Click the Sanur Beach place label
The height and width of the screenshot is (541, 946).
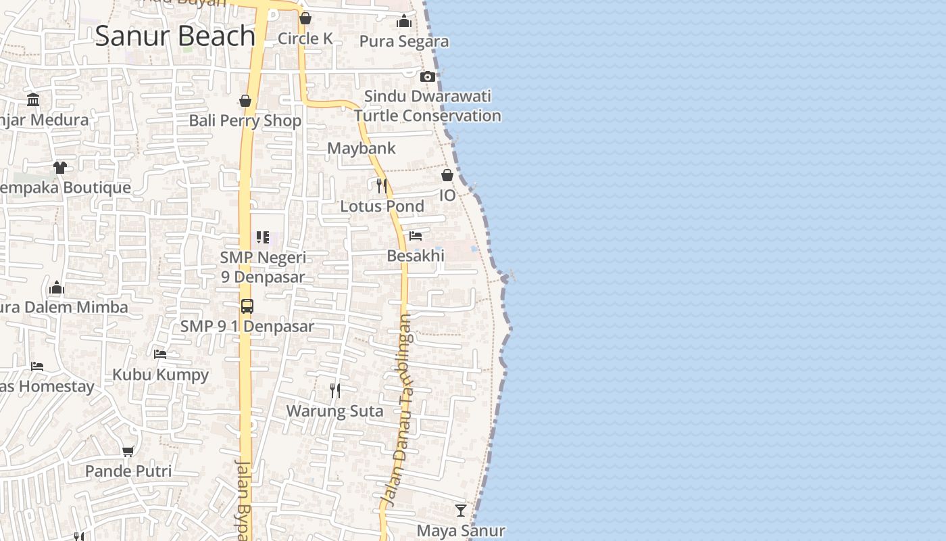(175, 36)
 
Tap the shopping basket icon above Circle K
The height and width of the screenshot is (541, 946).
(305, 18)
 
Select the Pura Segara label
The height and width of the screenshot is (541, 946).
(404, 41)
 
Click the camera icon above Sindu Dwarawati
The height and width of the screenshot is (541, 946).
(428, 76)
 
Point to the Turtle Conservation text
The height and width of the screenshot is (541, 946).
(428, 116)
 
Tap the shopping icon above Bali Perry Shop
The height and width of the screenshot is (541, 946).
(245, 101)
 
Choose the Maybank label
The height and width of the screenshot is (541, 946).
(362, 148)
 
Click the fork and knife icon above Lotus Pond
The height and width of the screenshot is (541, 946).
(382, 185)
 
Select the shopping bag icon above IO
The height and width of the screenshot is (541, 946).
(447, 175)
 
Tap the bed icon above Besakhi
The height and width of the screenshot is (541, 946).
(416, 236)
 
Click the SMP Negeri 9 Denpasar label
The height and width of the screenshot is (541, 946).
(263, 267)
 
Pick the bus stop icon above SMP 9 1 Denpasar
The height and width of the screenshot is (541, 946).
(247, 306)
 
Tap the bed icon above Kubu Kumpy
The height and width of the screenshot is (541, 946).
(160, 354)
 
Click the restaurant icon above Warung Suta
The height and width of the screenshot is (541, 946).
(334, 390)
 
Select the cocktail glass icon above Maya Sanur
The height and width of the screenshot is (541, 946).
(461, 510)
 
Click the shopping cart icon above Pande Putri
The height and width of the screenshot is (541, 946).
(128, 450)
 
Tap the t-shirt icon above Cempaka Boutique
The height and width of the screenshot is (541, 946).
(60, 167)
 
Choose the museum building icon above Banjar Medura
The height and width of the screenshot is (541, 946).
(33, 100)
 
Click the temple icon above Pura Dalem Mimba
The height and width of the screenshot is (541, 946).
(57, 287)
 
